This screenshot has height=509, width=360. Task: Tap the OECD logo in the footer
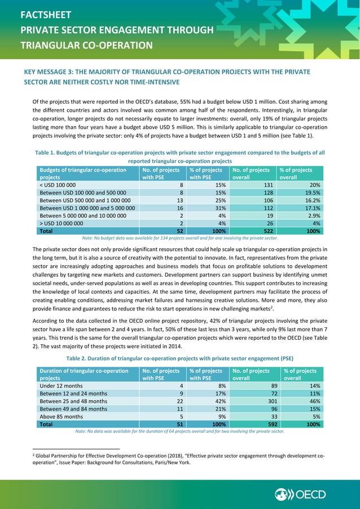coord(301,495)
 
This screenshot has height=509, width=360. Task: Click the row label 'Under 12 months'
coord(62,385)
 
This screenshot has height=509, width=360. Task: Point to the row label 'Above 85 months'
coord(62,416)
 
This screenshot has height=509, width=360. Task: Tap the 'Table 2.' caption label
coord(81,357)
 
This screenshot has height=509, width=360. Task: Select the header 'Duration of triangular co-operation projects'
coord(84,374)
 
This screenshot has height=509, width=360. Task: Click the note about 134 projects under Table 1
coord(179,239)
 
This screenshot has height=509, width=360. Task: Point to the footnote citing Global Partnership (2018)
coord(169,458)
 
